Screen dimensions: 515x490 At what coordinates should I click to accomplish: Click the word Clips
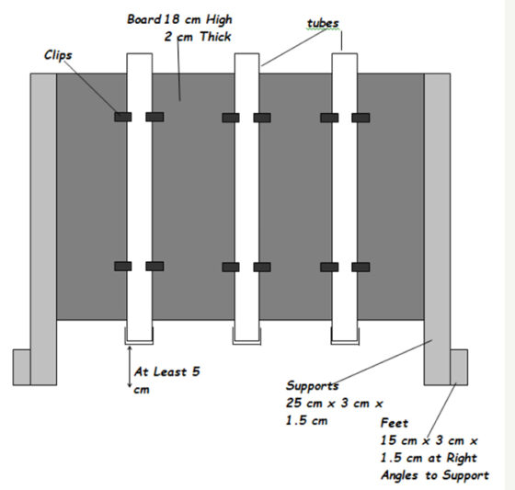tap(58, 55)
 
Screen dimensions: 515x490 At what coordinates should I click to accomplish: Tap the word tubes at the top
tap(323, 23)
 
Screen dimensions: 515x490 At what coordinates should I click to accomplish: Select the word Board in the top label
tap(143, 19)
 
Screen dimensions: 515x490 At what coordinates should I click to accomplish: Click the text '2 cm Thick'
tap(198, 37)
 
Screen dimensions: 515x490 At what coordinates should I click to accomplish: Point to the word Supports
tap(312, 385)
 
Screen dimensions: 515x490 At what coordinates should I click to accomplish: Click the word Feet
tap(395, 423)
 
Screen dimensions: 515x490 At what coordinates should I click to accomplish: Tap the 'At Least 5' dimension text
tap(166, 371)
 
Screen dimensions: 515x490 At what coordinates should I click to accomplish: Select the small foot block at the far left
tap(22, 367)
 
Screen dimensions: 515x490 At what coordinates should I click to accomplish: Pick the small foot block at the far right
tap(459, 367)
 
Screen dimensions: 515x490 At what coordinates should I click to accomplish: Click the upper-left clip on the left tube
tap(123, 117)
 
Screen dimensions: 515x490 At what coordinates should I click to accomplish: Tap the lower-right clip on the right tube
tap(360, 267)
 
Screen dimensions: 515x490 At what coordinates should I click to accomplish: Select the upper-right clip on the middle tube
tap(262, 118)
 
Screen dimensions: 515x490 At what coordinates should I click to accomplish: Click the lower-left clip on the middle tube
tap(231, 267)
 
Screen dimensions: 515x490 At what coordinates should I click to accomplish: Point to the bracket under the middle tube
tap(247, 343)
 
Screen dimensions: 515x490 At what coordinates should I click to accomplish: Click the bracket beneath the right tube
tap(345, 343)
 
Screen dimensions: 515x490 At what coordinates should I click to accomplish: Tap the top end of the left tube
tap(140, 53)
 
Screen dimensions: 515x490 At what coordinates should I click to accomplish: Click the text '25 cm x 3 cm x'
tap(335, 403)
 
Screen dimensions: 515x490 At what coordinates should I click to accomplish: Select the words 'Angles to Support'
tap(435, 475)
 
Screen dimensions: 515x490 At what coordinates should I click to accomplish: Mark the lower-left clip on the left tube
tap(123, 267)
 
